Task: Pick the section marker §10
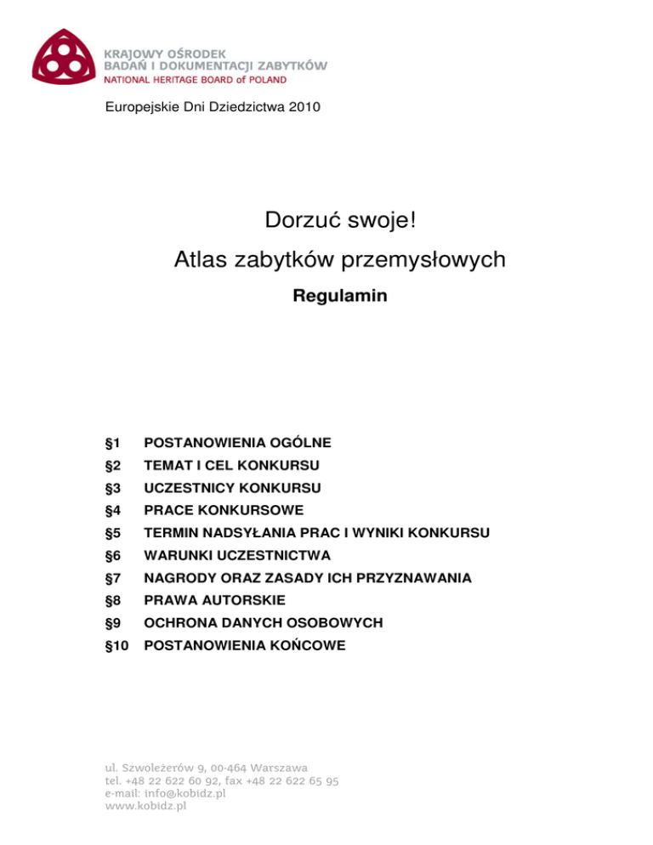pyautogui.click(x=117, y=645)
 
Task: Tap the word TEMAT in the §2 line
pyautogui.click(x=168, y=465)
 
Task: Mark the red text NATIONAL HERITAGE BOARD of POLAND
pyautogui.click(x=195, y=80)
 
